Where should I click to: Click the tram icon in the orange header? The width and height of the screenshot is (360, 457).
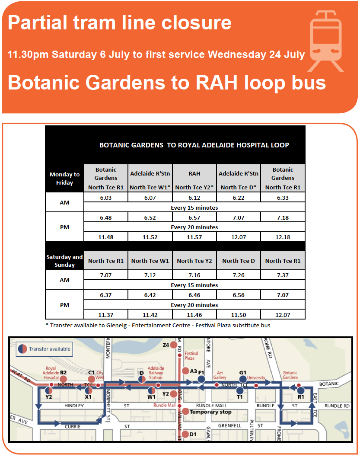(326, 41)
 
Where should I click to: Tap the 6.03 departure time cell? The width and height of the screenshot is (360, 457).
(106, 198)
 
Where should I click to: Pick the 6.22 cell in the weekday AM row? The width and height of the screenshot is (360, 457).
(239, 198)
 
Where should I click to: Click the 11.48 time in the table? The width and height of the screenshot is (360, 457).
(106, 237)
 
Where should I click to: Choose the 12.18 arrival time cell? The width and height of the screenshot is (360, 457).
(283, 237)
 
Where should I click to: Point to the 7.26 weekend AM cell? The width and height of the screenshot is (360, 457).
(239, 275)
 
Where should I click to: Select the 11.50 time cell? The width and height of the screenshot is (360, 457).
(239, 315)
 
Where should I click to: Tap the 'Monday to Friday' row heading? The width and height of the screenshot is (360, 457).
(65, 179)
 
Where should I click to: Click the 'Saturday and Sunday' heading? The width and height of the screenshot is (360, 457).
(65, 261)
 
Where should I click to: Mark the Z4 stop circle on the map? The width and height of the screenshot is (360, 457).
(174, 345)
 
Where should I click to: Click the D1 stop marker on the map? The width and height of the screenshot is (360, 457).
(185, 434)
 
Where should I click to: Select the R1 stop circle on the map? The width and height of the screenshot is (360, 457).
(301, 390)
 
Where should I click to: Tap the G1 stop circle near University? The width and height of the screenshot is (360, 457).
(243, 379)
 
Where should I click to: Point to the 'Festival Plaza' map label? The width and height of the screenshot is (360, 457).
(191, 355)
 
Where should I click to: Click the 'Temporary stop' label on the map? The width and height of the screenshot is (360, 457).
(210, 412)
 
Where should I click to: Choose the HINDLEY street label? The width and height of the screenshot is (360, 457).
(74, 406)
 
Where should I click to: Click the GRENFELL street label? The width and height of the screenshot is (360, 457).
(230, 425)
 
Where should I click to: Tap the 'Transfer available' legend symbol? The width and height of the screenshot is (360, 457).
(22, 348)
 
